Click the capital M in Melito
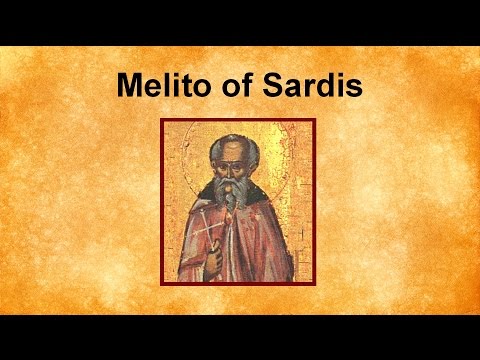(130, 85)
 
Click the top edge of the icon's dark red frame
(238, 120)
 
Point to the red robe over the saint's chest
(245, 235)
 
